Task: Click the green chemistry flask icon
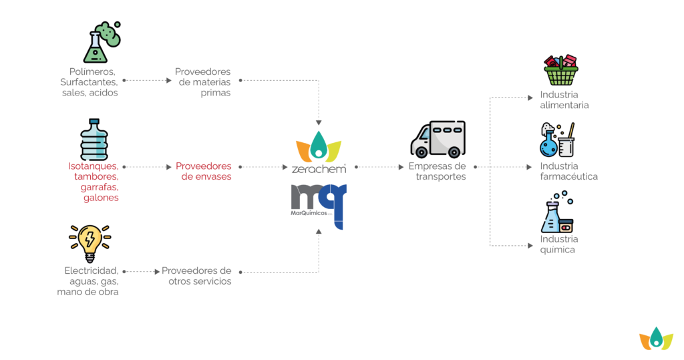[102, 42]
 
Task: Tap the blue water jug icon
[94, 140]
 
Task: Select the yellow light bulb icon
[90, 244]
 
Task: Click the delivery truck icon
[438, 139]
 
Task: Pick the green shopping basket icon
[561, 70]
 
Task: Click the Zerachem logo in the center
[319, 153]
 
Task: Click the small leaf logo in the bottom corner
[656, 338]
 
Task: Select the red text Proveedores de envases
[204, 171]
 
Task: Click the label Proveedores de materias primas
[203, 82]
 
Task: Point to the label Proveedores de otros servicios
[197, 276]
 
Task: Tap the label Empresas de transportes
[438, 171]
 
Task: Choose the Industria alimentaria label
[564, 100]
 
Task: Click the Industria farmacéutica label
[569, 171]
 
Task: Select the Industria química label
[559, 244]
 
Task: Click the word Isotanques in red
[94, 166]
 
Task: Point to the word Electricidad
[92, 271]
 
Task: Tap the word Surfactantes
[89, 82]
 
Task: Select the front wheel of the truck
[421, 152]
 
